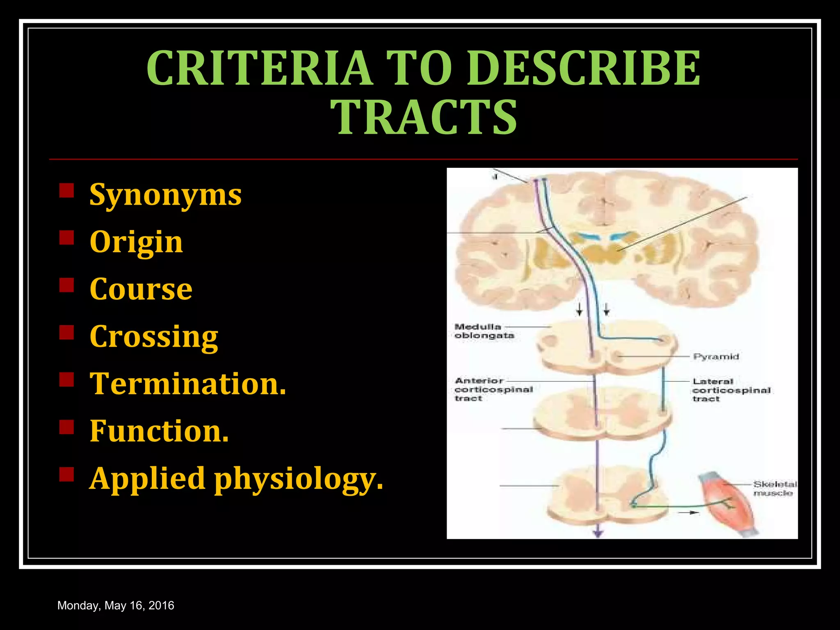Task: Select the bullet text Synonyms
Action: click(166, 194)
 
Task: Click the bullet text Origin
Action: click(136, 242)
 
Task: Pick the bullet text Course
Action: click(141, 289)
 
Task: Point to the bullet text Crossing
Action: click(154, 336)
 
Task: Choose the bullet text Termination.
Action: click(188, 384)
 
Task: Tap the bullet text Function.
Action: click(159, 431)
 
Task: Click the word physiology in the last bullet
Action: click(298, 479)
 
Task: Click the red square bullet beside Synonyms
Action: click(66, 191)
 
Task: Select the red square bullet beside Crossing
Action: click(66, 333)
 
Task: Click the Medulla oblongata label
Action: click(484, 331)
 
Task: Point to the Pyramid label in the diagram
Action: click(716, 356)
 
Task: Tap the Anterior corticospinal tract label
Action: click(493, 389)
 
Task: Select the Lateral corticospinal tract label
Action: click(731, 390)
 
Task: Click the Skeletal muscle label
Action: click(774, 488)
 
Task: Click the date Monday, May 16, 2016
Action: click(116, 605)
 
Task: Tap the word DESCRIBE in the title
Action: click(588, 68)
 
